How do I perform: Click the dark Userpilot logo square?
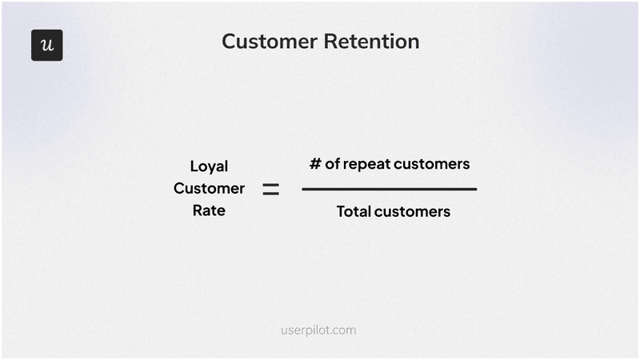(x=46, y=46)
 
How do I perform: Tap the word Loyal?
(x=209, y=166)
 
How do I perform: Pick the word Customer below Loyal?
(x=209, y=189)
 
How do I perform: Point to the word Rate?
(x=209, y=211)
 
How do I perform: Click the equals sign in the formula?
(x=271, y=190)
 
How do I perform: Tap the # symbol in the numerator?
(x=315, y=164)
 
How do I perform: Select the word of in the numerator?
(x=333, y=164)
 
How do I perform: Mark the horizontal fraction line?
(x=389, y=190)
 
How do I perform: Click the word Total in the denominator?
(x=353, y=212)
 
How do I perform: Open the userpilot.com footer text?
(x=319, y=330)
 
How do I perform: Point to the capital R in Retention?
(x=330, y=42)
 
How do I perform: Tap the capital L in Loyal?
(x=194, y=166)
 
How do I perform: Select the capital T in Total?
(x=340, y=212)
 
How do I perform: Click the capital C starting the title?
(x=229, y=42)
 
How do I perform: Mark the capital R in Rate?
(x=197, y=211)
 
